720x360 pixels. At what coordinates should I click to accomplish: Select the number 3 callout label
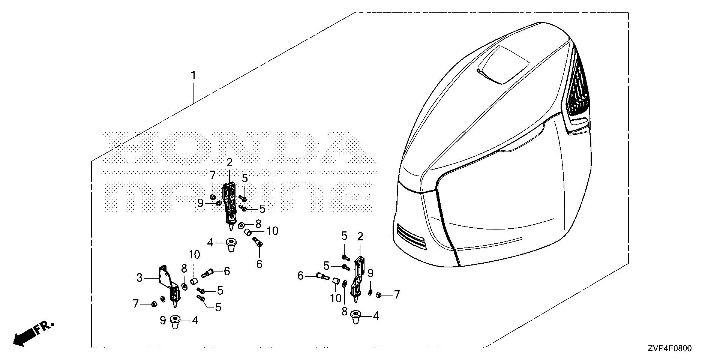139,278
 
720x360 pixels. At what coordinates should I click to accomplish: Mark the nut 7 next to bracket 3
154,303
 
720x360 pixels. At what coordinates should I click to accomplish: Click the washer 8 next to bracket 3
184,286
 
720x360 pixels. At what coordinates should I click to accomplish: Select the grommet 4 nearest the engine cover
355,316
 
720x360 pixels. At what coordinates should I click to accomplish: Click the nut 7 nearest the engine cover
378,295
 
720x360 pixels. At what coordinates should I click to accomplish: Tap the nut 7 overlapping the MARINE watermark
212,196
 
